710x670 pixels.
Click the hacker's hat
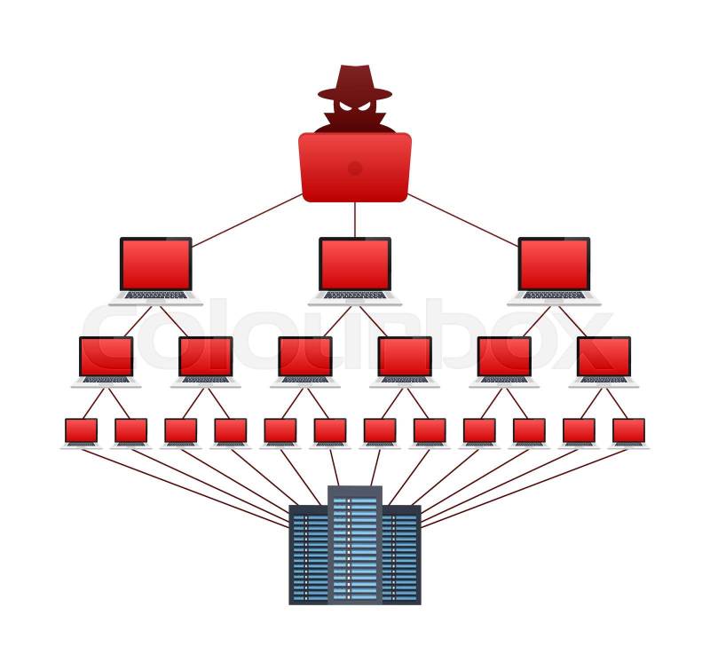coord(355,82)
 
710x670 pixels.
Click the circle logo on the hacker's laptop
coord(355,168)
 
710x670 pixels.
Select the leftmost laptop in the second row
coord(156,265)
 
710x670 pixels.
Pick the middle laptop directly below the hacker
coord(355,265)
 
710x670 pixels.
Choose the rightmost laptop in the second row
coord(554,265)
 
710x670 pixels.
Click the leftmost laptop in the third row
coord(106,358)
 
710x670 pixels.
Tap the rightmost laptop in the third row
coord(603,358)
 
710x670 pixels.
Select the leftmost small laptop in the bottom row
coord(81,431)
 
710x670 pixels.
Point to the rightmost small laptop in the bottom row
coord(629,431)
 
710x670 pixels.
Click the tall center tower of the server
coord(355,546)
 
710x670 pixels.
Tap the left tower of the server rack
coord(310,555)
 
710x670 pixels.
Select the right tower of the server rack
coord(401,555)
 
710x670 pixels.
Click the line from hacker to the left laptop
coord(247,219)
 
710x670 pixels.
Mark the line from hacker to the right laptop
coord(463,219)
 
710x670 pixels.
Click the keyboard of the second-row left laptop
coord(156,296)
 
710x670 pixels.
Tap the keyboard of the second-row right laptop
coord(554,296)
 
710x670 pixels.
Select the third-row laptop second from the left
coord(205,358)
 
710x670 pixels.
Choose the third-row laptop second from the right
coord(504,358)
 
